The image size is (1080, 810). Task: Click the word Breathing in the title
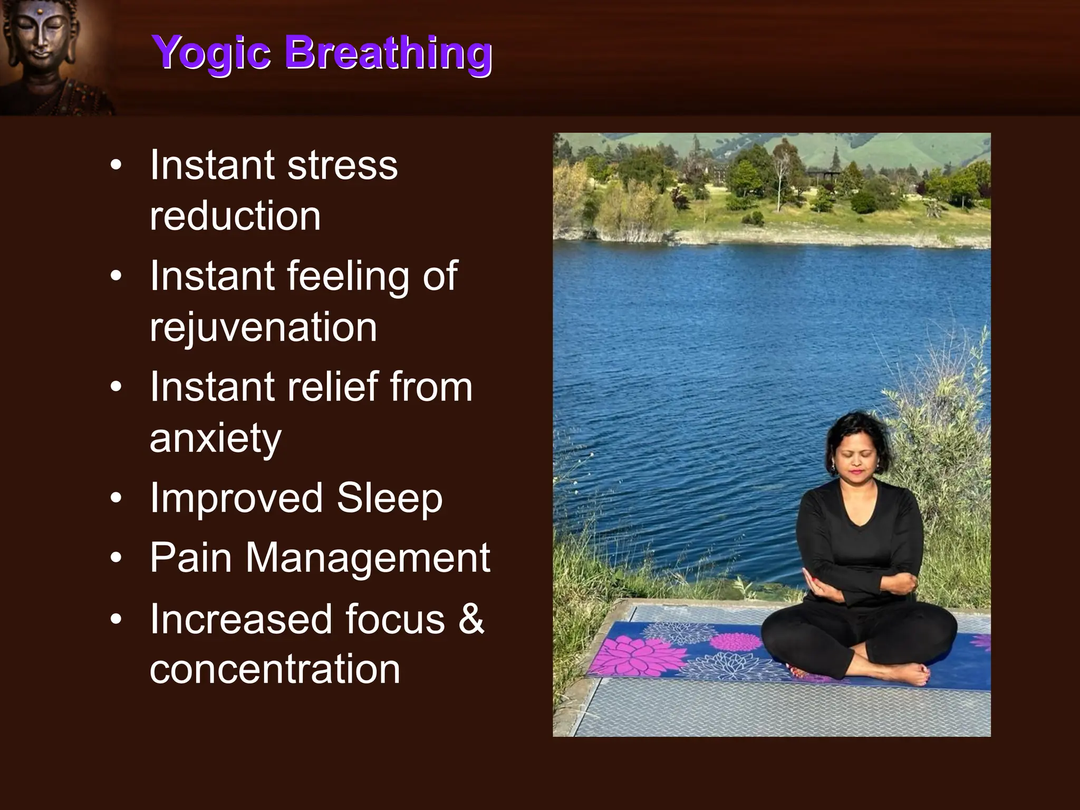pos(389,53)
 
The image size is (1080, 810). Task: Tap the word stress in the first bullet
pos(342,166)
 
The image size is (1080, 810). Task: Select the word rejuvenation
pos(263,327)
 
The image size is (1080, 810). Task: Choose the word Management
pos(368,557)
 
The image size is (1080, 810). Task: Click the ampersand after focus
pos(471,619)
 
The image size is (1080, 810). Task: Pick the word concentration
pos(275,669)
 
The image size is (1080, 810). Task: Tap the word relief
pos(332,387)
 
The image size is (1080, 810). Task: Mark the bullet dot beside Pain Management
pos(116,558)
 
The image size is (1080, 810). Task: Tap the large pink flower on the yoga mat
pos(635,657)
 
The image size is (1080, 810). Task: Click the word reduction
pos(235,216)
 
